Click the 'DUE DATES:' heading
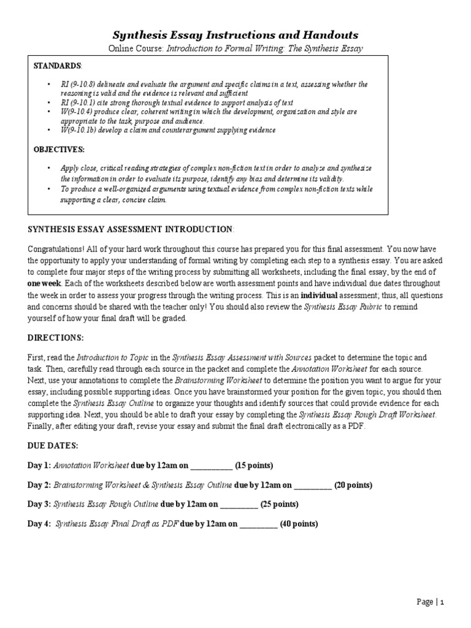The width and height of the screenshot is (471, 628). [53, 446]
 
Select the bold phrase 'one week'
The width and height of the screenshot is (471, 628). [44, 283]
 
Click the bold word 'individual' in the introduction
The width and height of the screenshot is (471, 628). [319, 294]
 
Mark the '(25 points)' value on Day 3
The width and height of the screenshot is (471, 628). [280, 504]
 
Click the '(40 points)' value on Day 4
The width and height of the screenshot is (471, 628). [299, 524]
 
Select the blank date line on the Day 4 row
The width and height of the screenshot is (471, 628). [258, 525]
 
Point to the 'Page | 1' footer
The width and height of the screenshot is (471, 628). [430, 602]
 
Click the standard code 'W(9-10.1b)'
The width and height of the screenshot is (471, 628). [78, 130]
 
